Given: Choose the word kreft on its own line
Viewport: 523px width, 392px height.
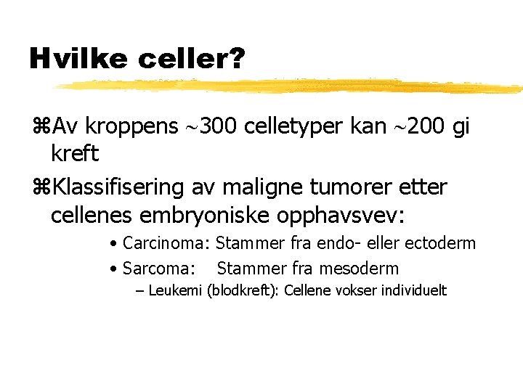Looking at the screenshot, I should click(x=75, y=154).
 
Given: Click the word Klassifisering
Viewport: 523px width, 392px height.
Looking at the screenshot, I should click(x=120, y=187).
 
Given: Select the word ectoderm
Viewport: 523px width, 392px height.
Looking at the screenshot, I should click(x=439, y=243).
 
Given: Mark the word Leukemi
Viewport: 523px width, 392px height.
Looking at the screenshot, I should click(x=175, y=291).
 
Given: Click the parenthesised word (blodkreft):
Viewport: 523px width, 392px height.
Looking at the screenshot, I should click(x=243, y=291).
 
